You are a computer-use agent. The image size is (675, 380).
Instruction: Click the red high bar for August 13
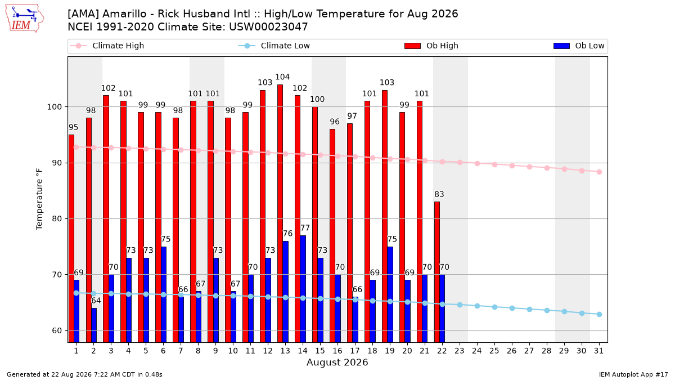[280, 213]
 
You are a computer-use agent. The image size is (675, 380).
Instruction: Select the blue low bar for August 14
[303, 289]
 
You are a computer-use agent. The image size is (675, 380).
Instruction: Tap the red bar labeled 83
[437, 272]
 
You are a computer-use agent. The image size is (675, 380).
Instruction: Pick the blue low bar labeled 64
[94, 325]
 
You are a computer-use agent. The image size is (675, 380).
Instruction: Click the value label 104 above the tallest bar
[282, 77]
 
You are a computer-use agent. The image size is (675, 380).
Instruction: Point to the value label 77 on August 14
[305, 228]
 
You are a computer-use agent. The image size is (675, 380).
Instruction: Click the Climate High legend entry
[107, 46]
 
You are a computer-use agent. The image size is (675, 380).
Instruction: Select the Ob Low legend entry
[579, 46]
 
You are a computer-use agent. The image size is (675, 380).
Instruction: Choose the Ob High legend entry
[431, 46]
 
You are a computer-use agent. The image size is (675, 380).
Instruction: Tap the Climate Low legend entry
[274, 46]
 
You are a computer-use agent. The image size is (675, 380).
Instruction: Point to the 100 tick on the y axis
[54, 107]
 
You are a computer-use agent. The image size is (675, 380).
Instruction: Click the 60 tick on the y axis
[57, 331]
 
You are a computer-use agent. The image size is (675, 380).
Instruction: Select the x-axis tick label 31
[598, 351]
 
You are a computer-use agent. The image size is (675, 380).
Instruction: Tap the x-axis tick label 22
[442, 351]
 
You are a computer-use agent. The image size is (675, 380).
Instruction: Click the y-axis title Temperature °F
[39, 199]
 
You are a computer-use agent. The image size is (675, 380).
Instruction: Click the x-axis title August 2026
[337, 362]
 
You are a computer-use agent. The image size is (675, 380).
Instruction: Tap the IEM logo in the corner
[25, 19]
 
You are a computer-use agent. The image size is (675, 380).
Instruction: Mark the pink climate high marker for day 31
[600, 172]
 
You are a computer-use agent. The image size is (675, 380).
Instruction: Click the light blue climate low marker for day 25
[494, 307]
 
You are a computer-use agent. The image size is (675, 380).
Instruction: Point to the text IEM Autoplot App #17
[633, 374]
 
